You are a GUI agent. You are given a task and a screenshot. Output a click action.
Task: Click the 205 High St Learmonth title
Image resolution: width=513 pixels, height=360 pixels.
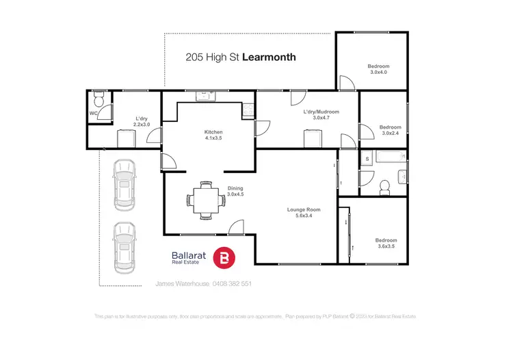pos(241,57)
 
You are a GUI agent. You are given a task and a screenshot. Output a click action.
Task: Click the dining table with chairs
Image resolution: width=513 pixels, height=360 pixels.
pos(202,200)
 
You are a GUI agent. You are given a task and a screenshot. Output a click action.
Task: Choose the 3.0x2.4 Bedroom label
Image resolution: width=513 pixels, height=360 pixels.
pos(390,130)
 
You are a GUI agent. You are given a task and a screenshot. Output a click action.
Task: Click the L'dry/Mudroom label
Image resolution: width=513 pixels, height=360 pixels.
pos(321,115)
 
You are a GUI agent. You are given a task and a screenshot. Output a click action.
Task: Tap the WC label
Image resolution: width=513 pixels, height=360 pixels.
pos(92,114)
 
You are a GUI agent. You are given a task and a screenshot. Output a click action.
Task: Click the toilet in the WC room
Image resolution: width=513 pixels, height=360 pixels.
pos(100,100)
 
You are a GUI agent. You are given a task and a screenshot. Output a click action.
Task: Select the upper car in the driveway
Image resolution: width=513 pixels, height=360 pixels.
pos(124,184)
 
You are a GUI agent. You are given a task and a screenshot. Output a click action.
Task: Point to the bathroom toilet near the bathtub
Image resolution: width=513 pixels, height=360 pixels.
pos(384,185)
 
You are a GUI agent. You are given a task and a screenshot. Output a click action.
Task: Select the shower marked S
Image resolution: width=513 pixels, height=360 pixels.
pos(368,159)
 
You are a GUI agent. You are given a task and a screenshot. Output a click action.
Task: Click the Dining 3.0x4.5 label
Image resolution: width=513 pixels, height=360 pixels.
pos(235,192)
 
